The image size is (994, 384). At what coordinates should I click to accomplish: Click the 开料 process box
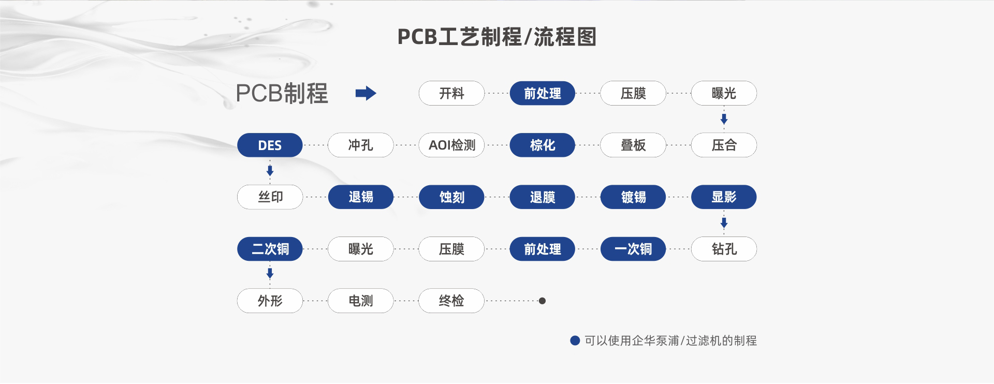coord(451,93)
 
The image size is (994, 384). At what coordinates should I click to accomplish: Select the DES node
coord(270,145)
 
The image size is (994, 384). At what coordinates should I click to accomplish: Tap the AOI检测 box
coord(451,145)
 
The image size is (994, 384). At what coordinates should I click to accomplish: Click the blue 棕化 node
coord(542,145)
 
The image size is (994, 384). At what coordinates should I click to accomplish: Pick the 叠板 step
coord(633,145)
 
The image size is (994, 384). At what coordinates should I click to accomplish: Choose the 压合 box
coord(724,145)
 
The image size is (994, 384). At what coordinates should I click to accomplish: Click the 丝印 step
coord(270,197)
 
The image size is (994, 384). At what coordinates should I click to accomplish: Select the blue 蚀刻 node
coord(451,197)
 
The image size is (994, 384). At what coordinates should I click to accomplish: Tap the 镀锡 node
coord(633,197)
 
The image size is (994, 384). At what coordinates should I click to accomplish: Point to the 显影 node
coord(724,197)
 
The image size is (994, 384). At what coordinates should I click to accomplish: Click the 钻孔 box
coord(724,249)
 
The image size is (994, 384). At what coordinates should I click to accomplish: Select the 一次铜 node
coord(633,249)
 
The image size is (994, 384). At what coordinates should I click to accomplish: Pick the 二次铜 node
coord(270,249)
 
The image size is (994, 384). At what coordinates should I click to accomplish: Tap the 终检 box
coord(451,301)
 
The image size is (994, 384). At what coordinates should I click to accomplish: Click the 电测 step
coord(360,301)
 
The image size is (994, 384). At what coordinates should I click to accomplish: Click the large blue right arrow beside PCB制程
coord(366,93)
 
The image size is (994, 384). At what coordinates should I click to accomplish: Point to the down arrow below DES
coord(270,170)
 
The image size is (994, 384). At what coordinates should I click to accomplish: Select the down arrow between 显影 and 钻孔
coord(724,223)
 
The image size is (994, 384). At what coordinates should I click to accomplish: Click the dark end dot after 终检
coord(542,301)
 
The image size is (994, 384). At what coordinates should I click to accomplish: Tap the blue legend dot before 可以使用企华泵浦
coord(575,341)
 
